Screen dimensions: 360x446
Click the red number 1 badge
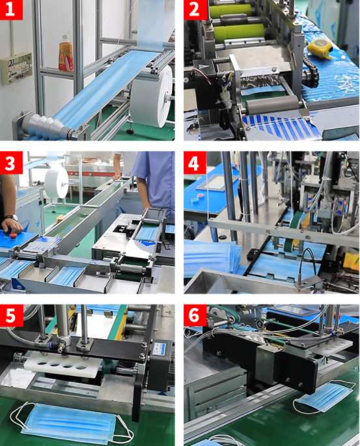pos(11,10)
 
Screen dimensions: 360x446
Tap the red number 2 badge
pos(195,10)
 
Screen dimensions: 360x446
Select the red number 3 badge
pos(11,163)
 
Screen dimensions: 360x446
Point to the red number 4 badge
pos(195,163)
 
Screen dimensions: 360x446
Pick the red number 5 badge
pos(11,315)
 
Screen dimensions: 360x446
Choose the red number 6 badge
pos(195,315)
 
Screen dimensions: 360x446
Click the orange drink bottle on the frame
pos(66,53)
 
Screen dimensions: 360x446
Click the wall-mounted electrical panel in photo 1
pos(16,68)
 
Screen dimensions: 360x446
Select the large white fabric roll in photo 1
pos(152,97)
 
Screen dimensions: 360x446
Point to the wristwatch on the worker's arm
pos(11,217)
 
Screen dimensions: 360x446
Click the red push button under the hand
pos(14,236)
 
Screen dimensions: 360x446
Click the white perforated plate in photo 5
pos(63,365)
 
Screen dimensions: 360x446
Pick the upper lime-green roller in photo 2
pos(231,10)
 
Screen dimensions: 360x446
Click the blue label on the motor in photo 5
pos(159,349)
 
